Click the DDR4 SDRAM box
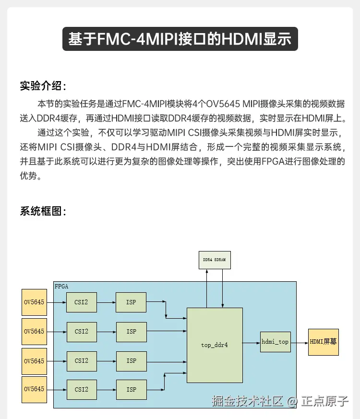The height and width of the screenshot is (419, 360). click(214, 260)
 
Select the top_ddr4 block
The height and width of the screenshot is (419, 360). click(214, 345)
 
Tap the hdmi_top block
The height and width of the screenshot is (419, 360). click(275, 342)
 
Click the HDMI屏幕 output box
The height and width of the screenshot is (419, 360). click(323, 342)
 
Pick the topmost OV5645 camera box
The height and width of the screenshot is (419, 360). click(34, 302)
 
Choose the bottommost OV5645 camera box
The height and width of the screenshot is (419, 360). click(34, 389)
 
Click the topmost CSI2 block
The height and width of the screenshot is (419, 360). click(81, 302)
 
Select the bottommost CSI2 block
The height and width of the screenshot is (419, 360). click(81, 390)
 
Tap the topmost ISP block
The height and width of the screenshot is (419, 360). click(131, 302)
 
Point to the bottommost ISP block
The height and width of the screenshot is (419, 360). click(131, 390)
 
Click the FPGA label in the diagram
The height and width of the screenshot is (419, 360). click(61, 287)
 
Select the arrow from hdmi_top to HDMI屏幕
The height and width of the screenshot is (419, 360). click(299, 343)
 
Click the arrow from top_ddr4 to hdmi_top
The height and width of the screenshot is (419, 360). click(251, 343)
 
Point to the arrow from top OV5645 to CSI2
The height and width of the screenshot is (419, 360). click(57, 302)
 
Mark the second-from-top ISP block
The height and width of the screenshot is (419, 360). click(131, 332)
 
